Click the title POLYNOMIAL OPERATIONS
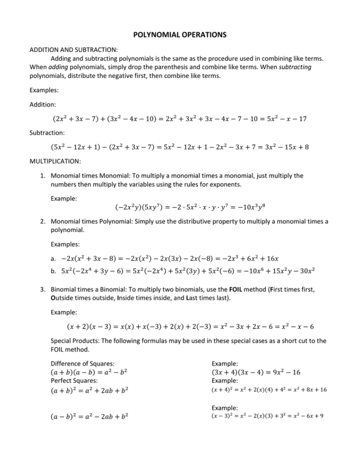(x=180, y=35)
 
